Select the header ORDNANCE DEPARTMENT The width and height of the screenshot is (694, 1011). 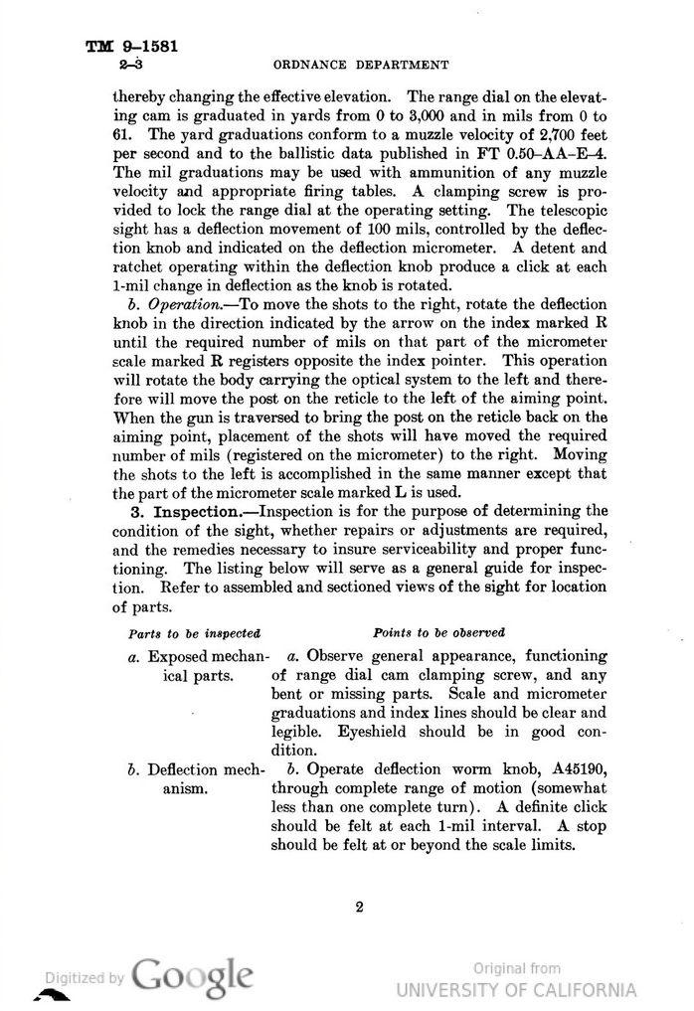pos(361,66)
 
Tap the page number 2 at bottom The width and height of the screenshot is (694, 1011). pos(359,906)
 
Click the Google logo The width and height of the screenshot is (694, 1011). pos(191,974)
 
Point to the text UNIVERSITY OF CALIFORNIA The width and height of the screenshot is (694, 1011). pos(516,990)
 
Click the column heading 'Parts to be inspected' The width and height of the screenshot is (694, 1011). pos(195,632)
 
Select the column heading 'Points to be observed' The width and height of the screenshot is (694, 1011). pos(438,632)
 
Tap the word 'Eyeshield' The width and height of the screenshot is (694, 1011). pos(378,732)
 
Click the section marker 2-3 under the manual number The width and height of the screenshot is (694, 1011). pos(129,66)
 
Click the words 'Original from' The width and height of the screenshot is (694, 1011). pos(516,967)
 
